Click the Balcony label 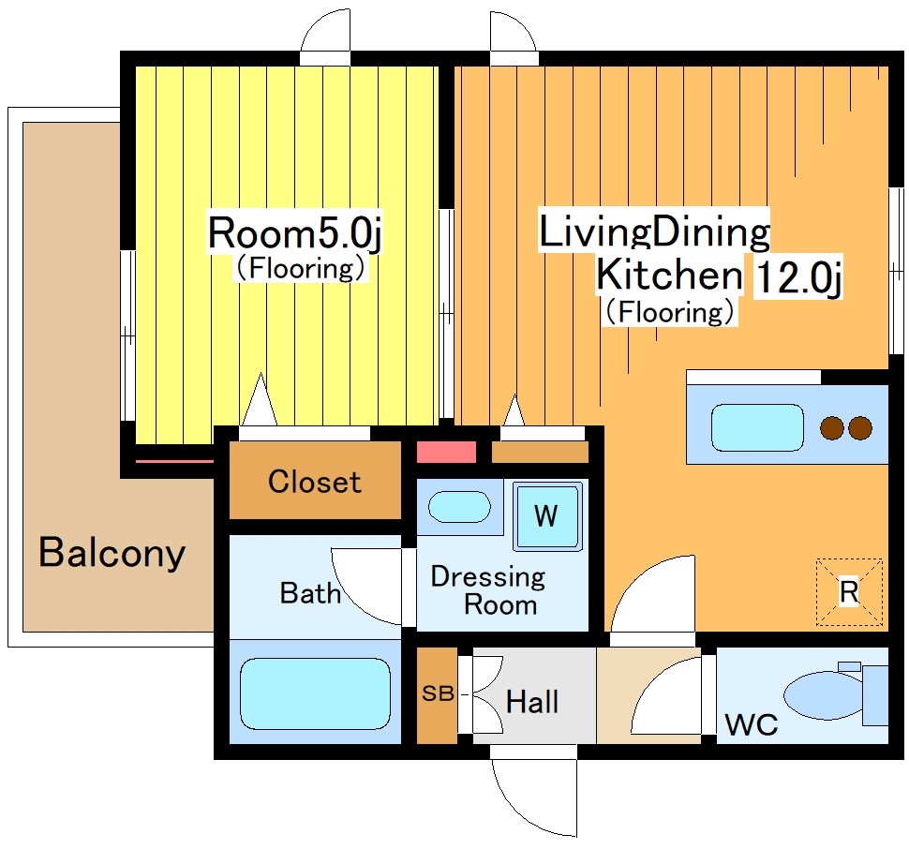pos(112,552)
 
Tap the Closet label pos(315,482)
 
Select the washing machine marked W pos(546,515)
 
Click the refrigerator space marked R pos(849,592)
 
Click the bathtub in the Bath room pos(316,693)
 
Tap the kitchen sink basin pos(757,427)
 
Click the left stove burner pos(832,428)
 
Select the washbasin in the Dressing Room pos(459,507)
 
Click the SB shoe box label pos(438,693)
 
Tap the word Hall pos(532,702)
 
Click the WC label pos(752,724)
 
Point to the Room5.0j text pos(294,233)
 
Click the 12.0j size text pos(798,277)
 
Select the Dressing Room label pos(488,590)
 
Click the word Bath pos(310,593)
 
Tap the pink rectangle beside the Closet pos(446,452)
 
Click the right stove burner pos(859,428)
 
